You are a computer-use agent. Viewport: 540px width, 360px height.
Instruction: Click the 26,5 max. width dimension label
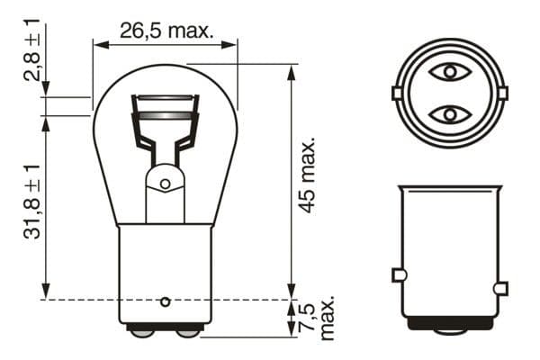pos(166,31)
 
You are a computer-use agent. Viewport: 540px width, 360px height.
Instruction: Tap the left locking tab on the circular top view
pos(396,93)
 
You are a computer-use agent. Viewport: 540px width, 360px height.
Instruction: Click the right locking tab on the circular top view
pos(502,93)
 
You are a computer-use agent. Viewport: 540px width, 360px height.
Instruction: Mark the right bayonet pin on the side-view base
pos(500,288)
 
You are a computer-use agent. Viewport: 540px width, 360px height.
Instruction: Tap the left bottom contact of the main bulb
pos(142,331)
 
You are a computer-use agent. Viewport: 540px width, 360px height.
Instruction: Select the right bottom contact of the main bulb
pos(187,331)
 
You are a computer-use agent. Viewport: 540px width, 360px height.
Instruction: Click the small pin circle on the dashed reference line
pos(165,300)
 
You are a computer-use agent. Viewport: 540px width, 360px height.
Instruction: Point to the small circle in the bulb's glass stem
pos(165,184)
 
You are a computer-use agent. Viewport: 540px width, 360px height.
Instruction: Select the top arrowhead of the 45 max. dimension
pos(291,69)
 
